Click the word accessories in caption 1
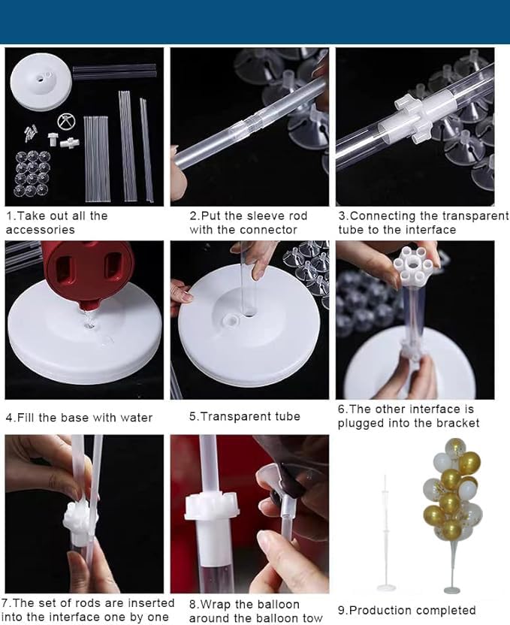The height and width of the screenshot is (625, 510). point(41,230)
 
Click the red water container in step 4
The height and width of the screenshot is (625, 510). point(87,271)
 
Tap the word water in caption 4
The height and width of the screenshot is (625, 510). point(136,418)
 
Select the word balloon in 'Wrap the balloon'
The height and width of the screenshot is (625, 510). point(278,604)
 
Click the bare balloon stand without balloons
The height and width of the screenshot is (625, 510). point(385,534)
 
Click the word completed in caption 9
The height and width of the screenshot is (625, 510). point(451,610)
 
